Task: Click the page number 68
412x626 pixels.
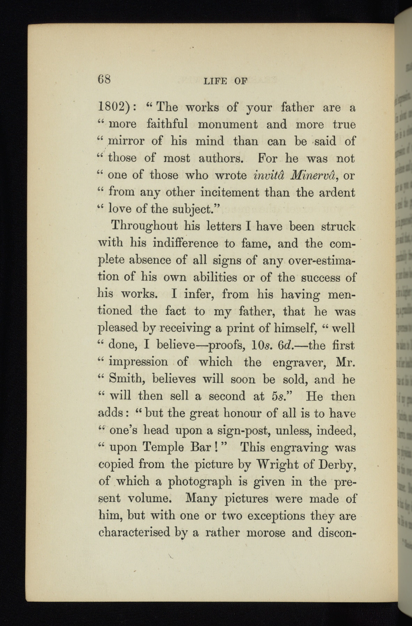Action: coord(104,80)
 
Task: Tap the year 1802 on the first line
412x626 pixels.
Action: coord(114,107)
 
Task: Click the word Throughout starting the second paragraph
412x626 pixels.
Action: coord(144,227)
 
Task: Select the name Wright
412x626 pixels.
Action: coord(276,465)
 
